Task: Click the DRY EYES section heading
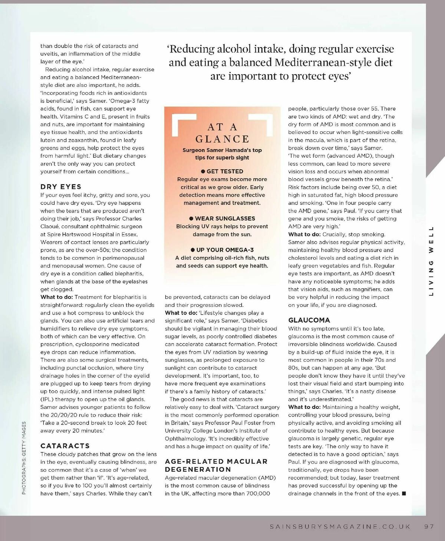(x=61, y=187)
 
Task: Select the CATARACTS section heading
(x=65, y=446)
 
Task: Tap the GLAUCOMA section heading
(x=309, y=320)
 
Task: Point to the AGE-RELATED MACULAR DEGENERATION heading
(x=216, y=465)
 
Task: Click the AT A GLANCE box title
(x=222, y=133)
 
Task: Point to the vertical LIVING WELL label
(x=431, y=261)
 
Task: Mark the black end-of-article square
(x=404, y=494)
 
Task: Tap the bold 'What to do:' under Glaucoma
(x=304, y=407)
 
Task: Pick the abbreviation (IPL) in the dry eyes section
(x=48, y=399)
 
